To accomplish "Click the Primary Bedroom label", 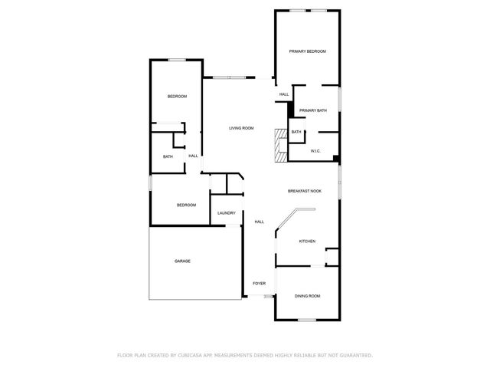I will pos(307,51).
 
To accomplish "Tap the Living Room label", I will pos(241,128).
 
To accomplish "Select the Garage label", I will pos(182,261).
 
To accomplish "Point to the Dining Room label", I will pos(308,296).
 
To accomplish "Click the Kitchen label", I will pos(307,242).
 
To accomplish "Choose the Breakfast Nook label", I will pos(304,191).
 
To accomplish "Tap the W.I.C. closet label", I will pos(315,151).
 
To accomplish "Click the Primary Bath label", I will pos(313,110).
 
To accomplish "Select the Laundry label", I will pos(226,213).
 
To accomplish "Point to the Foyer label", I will pos(260,284).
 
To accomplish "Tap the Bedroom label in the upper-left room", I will pos(178,96).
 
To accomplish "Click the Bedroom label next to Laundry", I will pos(187,205).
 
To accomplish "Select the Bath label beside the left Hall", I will pos(168,156).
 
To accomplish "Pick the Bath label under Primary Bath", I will pos(296,132).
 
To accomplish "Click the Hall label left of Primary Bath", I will pos(284,94).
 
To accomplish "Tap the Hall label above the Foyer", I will pos(260,222).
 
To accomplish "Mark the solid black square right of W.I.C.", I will pos(336,159).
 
